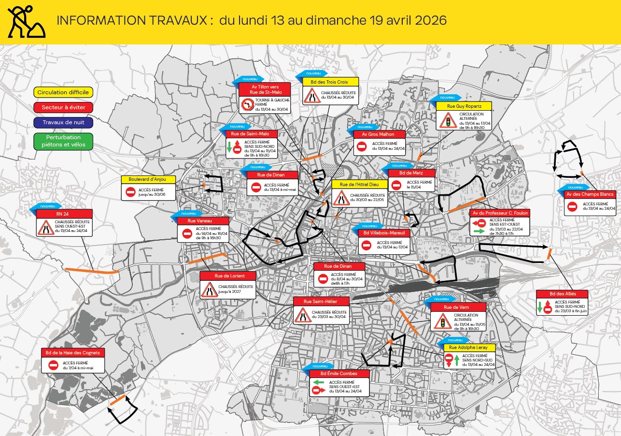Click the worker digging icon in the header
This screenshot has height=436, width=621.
point(27,21)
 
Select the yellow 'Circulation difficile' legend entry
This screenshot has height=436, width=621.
point(63,92)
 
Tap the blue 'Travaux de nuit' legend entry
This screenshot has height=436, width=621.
point(63,122)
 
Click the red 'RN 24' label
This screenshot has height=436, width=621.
point(64,214)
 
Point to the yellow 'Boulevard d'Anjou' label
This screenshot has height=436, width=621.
point(148,179)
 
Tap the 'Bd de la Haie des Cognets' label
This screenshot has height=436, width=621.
point(73,352)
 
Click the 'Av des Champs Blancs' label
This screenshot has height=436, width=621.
point(590,194)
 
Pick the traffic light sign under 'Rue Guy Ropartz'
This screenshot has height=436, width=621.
point(448,120)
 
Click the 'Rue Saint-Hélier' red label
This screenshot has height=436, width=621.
point(320,301)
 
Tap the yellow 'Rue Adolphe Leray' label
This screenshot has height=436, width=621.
point(469,347)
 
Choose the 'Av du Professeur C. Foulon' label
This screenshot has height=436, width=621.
point(499,213)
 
